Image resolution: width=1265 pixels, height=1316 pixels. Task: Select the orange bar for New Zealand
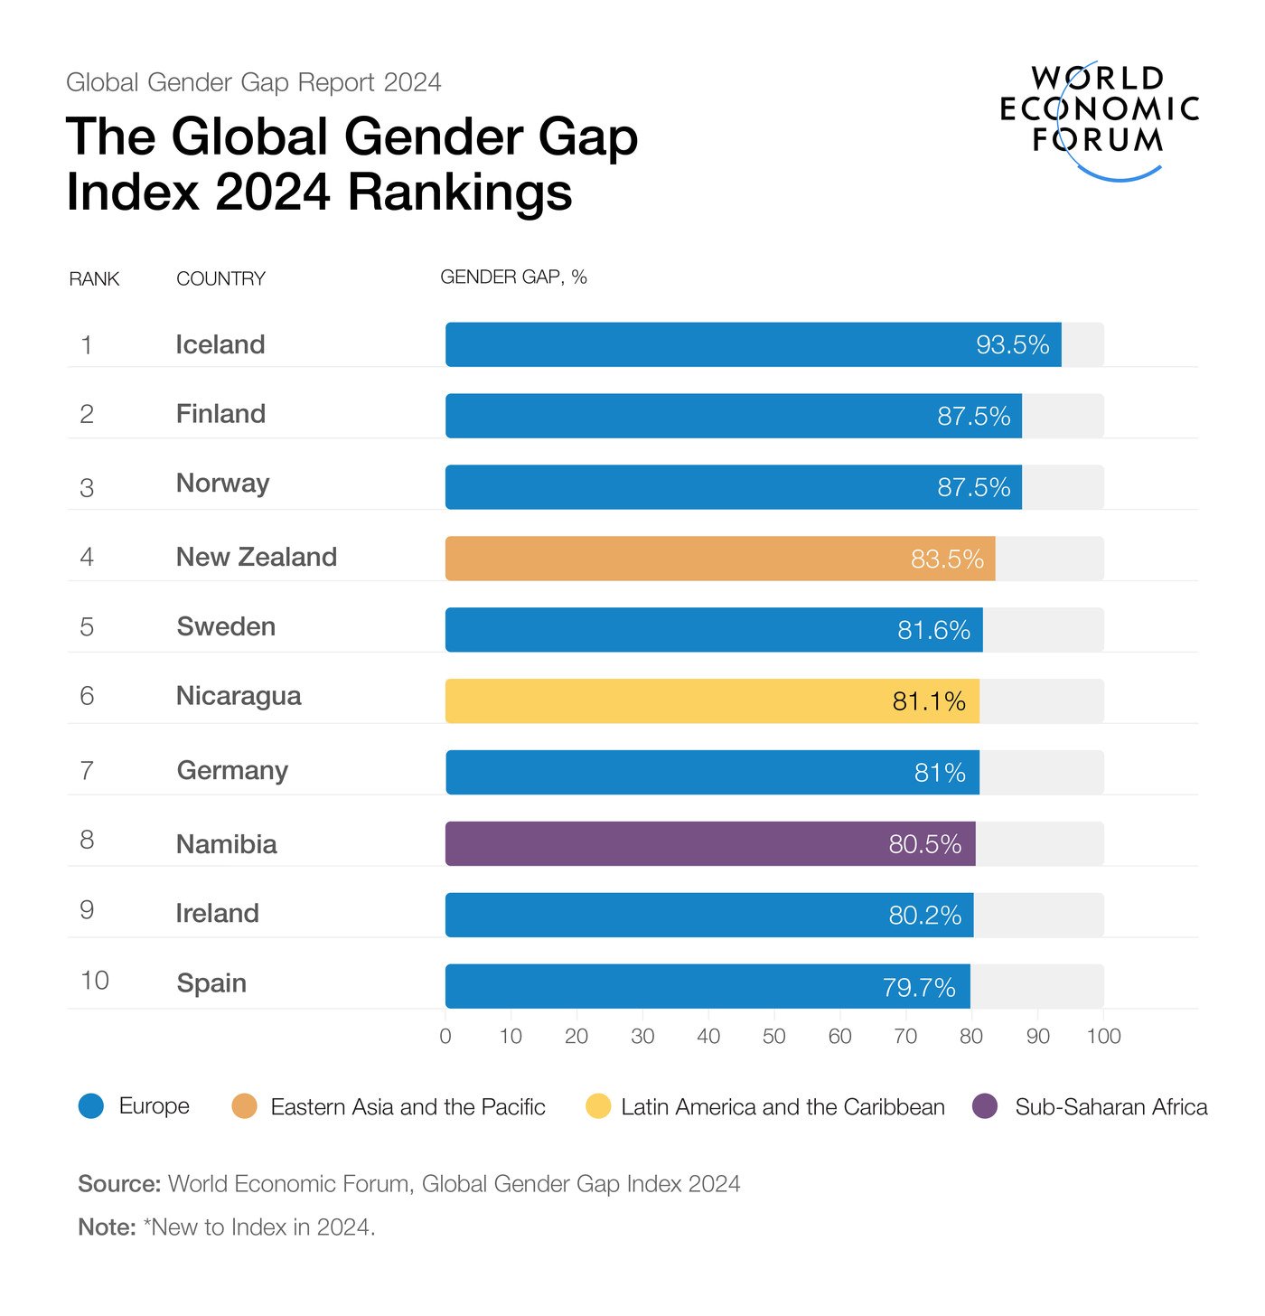[719, 559]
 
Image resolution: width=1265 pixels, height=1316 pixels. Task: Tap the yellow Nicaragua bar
[712, 701]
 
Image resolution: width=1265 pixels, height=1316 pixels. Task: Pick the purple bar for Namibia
[710, 844]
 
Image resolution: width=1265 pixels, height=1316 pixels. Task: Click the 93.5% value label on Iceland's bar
[1012, 345]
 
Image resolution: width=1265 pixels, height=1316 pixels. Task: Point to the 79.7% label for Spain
[919, 987]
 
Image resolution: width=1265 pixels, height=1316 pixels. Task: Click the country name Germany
[232, 771]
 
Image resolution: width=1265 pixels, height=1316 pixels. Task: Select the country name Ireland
[217, 914]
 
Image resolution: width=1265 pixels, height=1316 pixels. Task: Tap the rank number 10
[94, 981]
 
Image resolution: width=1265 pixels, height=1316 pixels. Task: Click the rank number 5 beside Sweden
[87, 627]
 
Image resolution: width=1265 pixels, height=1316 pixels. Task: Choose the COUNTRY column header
[220, 279]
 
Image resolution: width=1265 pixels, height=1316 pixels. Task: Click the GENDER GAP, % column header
[513, 277]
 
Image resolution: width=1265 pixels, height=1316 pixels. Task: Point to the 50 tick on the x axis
[773, 1037]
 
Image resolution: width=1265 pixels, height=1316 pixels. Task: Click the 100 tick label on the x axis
[1103, 1037]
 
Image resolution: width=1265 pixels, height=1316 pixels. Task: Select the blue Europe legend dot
[91, 1106]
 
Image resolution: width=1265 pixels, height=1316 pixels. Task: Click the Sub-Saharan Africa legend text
[1110, 1107]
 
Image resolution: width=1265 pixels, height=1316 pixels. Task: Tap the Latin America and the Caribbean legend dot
[598, 1106]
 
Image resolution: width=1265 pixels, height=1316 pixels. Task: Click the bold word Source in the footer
[118, 1184]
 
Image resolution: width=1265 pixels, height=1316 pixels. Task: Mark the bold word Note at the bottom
[107, 1227]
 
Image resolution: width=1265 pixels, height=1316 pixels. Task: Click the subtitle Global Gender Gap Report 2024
[253, 83]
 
